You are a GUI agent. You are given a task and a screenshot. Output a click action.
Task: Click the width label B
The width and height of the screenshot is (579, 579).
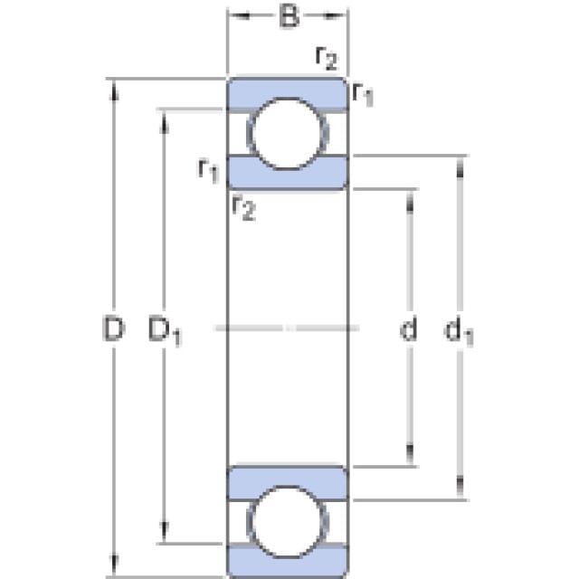coord(289,16)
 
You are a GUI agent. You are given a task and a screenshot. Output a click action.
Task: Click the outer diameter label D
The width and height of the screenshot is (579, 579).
coord(113,328)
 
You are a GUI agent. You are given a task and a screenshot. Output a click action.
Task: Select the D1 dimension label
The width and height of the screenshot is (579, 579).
coord(165,330)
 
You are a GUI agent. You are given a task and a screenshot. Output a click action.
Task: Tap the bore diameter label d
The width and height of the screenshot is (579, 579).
coord(409,328)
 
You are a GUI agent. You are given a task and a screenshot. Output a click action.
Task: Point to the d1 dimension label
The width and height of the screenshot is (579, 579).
coord(459,332)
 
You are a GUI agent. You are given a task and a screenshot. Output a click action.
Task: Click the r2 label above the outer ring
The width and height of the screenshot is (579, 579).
coord(327,58)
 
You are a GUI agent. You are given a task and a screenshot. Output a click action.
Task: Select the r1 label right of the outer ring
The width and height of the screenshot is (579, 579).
coord(363,94)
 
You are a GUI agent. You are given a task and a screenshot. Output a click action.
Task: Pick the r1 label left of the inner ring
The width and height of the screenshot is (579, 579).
coord(209,170)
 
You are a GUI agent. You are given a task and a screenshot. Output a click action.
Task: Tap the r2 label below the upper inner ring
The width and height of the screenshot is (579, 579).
coord(243,207)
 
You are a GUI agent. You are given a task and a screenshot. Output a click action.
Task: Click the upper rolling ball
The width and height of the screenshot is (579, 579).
coord(288,134)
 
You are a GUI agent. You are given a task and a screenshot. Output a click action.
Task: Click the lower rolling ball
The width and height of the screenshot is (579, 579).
coord(288,521)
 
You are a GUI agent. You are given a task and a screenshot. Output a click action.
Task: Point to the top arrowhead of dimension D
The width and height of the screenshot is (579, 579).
coord(114,90)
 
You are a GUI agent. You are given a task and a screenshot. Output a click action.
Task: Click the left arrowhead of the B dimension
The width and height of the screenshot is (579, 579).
coord(239,15)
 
